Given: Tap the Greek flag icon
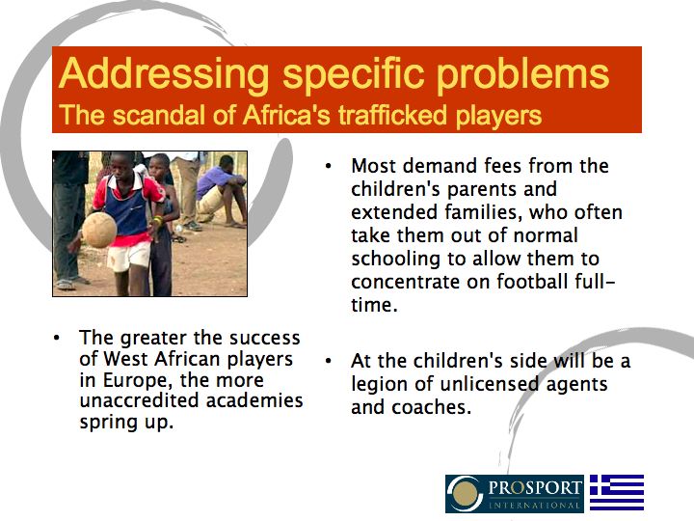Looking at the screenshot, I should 617,492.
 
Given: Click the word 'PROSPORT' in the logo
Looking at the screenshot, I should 535,486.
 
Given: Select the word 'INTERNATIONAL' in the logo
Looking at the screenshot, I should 535,505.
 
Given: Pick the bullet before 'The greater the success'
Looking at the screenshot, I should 58,338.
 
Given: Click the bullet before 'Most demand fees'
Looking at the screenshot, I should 330,166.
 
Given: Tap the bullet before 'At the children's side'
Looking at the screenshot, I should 330,361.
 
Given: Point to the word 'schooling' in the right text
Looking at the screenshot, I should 394,259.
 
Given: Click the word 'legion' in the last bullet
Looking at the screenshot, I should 381,384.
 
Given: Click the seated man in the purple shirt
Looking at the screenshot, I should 221,187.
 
